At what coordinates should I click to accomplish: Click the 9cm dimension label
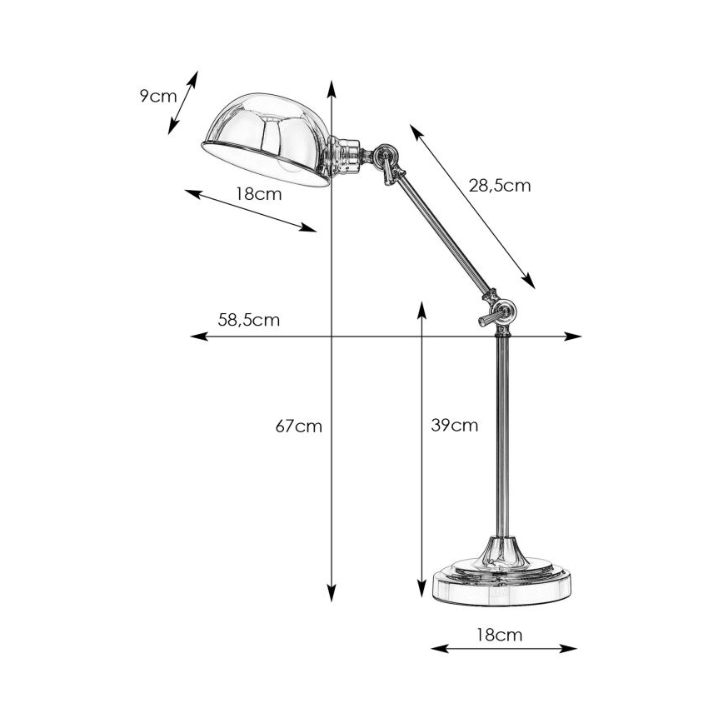158,95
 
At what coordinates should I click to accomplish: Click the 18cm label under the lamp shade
257,194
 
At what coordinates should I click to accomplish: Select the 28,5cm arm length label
499,186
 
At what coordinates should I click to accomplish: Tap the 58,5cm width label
248,319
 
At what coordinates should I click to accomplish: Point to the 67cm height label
298,426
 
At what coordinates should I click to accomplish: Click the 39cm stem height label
455,426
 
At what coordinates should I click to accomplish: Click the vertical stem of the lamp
502,433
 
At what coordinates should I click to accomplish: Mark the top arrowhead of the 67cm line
332,86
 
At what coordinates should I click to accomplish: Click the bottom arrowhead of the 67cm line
332,596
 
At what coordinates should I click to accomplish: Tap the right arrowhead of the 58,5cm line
576,337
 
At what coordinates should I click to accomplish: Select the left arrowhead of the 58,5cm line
197,337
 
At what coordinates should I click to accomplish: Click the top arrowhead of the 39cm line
421,306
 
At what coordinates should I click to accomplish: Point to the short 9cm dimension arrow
183,102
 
